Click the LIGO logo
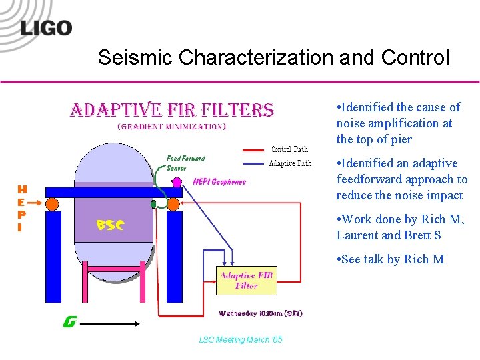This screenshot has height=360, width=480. [x=45, y=28]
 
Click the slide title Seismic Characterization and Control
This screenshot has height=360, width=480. [x=273, y=58]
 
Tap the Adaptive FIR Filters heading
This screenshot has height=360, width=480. [x=172, y=110]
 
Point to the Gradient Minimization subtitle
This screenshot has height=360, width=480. [x=171, y=126]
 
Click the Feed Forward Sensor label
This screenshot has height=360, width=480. [x=185, y=163]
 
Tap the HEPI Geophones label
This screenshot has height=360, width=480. [x=219, y=181]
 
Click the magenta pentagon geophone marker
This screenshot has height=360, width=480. [x=177, y=181]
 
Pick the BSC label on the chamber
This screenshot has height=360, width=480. [x=110, y=225]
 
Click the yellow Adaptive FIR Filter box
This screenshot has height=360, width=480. [x=246, y=281]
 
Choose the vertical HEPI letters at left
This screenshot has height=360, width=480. [x=22, y=209]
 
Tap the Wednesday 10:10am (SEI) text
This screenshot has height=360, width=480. [x=261, y=313]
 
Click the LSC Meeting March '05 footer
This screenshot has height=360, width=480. [x=241, y=340]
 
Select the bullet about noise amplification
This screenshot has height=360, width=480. [x=399, y=123]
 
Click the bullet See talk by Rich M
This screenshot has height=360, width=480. [x=391, y=259]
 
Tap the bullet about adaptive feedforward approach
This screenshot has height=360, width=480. [x=401, y=179]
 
